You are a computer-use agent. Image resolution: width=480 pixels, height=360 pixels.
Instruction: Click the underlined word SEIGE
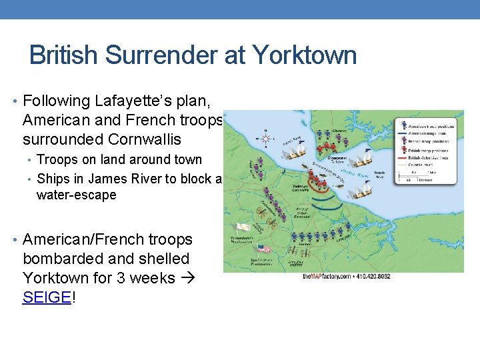click(46, 297)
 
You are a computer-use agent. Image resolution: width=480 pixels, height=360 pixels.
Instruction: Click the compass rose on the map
click(267, 137)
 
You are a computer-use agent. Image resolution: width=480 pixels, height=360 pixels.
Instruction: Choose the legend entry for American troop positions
click(427, 124)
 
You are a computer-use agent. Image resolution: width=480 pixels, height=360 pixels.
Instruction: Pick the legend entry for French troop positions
click(427, 142)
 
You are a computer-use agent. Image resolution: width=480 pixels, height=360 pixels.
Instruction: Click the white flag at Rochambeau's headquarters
click(244, 227)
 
